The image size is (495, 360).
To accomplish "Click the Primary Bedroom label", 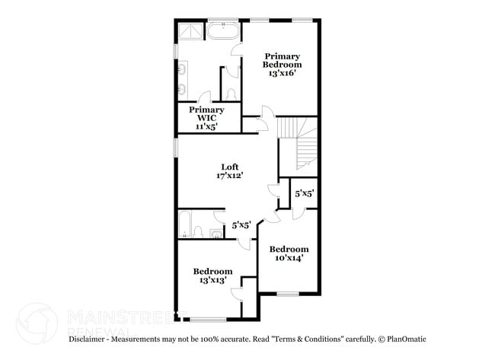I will click(282, 60).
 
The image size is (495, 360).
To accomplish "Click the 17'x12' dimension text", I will click(229, 176).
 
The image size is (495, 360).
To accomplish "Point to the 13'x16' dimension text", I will click(282, 74).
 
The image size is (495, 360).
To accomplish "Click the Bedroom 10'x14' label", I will click(289, 253).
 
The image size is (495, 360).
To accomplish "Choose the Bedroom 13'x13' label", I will click(212, 276).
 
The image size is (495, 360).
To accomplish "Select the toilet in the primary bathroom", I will click(231, 94).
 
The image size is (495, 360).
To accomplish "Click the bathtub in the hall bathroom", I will click(185, 226).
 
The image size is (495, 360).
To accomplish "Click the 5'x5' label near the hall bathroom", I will click(241, 225).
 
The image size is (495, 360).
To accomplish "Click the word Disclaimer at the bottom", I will click(90, 338).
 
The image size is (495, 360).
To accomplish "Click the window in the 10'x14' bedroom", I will click(287, 295).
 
